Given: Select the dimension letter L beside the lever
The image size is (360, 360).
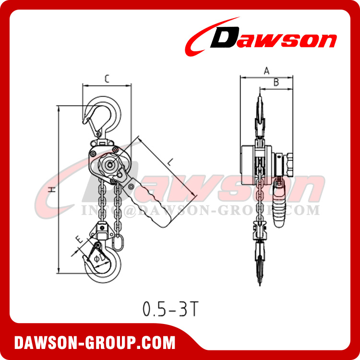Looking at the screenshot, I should (170, 164).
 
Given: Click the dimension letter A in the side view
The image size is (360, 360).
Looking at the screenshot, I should (266, 71).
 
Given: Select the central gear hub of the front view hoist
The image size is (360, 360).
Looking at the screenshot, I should (110, 165).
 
